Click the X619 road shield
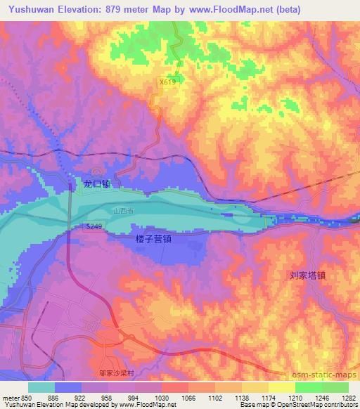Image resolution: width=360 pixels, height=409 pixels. tap(167, 83)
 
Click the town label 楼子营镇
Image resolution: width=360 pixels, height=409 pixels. tap(153, 239)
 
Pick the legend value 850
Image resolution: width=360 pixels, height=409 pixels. tap(25, 398)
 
